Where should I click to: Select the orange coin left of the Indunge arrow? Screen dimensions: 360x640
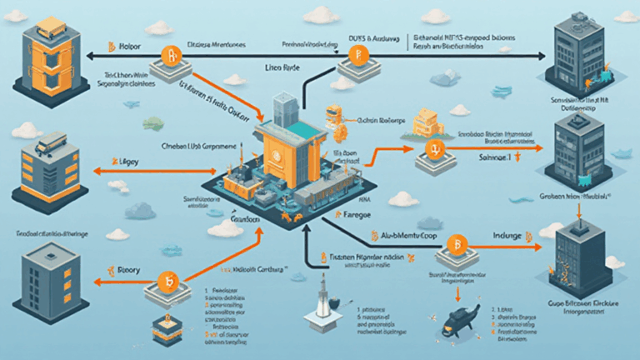click(456, 244)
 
